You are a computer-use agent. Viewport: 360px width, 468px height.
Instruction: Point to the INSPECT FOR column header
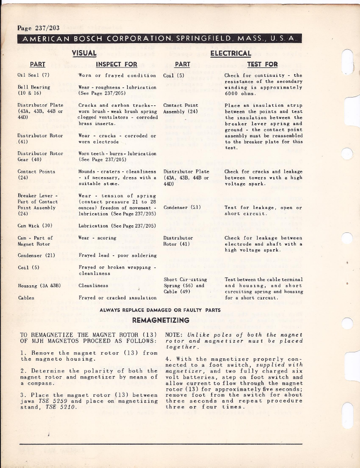(x=117, y=64)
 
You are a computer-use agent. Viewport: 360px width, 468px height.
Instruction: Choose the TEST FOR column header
(x=262, y=64)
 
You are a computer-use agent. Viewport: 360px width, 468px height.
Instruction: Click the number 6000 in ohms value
(x=233, y=93)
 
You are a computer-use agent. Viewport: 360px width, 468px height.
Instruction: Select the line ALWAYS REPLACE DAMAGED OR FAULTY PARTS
(x=160, y=310)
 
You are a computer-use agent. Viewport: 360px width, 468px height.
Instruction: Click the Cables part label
(x=25, y=297)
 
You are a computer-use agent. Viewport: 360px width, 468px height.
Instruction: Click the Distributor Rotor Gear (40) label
(x=40, y=156)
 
